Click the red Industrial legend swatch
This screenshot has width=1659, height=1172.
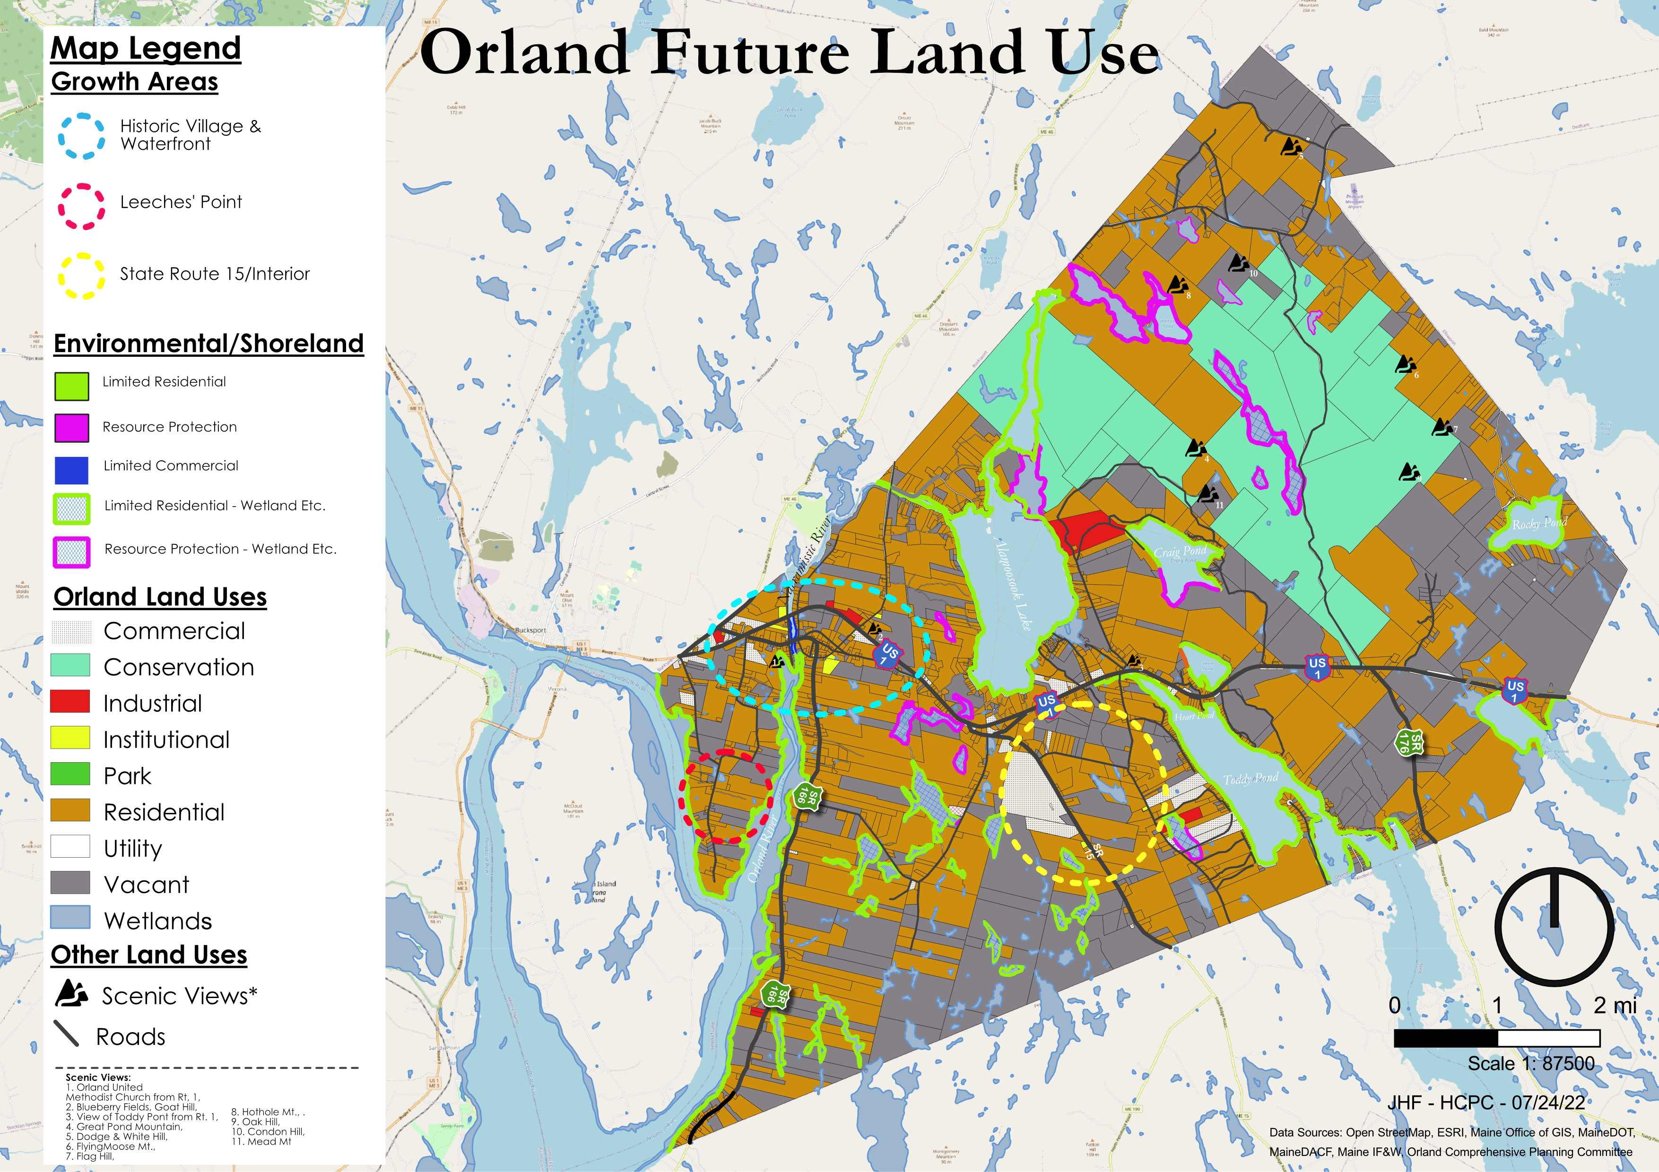(x=70, y=701)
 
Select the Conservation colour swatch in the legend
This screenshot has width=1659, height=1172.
(x=70, y=665)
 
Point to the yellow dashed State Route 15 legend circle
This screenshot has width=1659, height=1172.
(x=81, y=276)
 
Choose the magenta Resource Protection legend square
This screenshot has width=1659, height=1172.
(x=71, y=428)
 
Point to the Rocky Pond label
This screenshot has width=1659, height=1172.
(x=1539, y=523)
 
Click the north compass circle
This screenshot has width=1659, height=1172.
(x=1554, y=926)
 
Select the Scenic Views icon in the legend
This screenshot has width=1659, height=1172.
(x=71, y=994)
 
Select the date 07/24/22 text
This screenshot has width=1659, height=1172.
(x=1548, y=1103)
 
